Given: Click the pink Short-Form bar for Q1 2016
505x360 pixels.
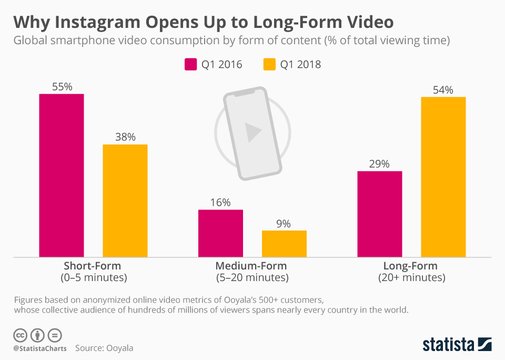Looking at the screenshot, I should [x=62, y=176].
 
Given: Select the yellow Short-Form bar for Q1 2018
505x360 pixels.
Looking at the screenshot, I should [x=125, y=201].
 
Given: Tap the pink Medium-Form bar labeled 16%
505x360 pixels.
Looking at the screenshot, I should [x=220, y=233].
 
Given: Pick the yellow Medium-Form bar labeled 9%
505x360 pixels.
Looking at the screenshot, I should [x=284, y=244].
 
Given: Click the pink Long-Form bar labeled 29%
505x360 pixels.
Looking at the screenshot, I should [x=379, y=214].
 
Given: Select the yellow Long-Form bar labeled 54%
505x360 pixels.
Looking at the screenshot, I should [x=443, y=177].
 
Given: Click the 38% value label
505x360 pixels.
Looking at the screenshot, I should [x=125, y=137].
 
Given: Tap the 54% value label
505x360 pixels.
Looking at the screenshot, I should [x=443, y=90].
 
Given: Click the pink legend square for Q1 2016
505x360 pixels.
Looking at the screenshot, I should [x=190, y=64].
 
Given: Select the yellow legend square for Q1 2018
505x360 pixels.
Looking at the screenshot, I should [x=268, y=64].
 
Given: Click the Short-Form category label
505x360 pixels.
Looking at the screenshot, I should [x=92, y=266].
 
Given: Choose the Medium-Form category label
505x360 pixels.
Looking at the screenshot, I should [x=252, y=266].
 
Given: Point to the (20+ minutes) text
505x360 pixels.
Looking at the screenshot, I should [x=411, y=277].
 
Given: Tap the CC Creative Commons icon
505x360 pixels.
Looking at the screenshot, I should [x=20, y=335].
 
